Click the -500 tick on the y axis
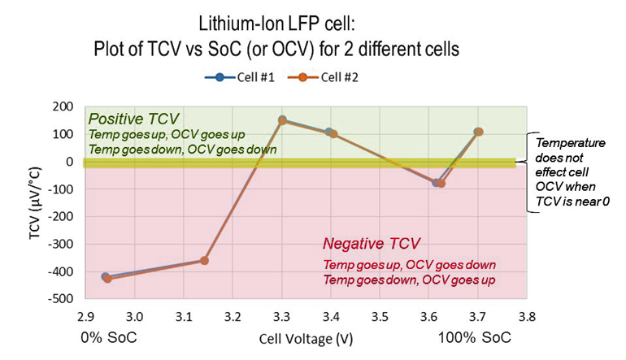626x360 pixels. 61,299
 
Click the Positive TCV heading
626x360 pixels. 133,119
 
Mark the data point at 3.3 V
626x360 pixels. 282,120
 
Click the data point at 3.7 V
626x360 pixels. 478,132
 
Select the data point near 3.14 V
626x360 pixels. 204,260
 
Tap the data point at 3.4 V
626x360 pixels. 331,133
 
